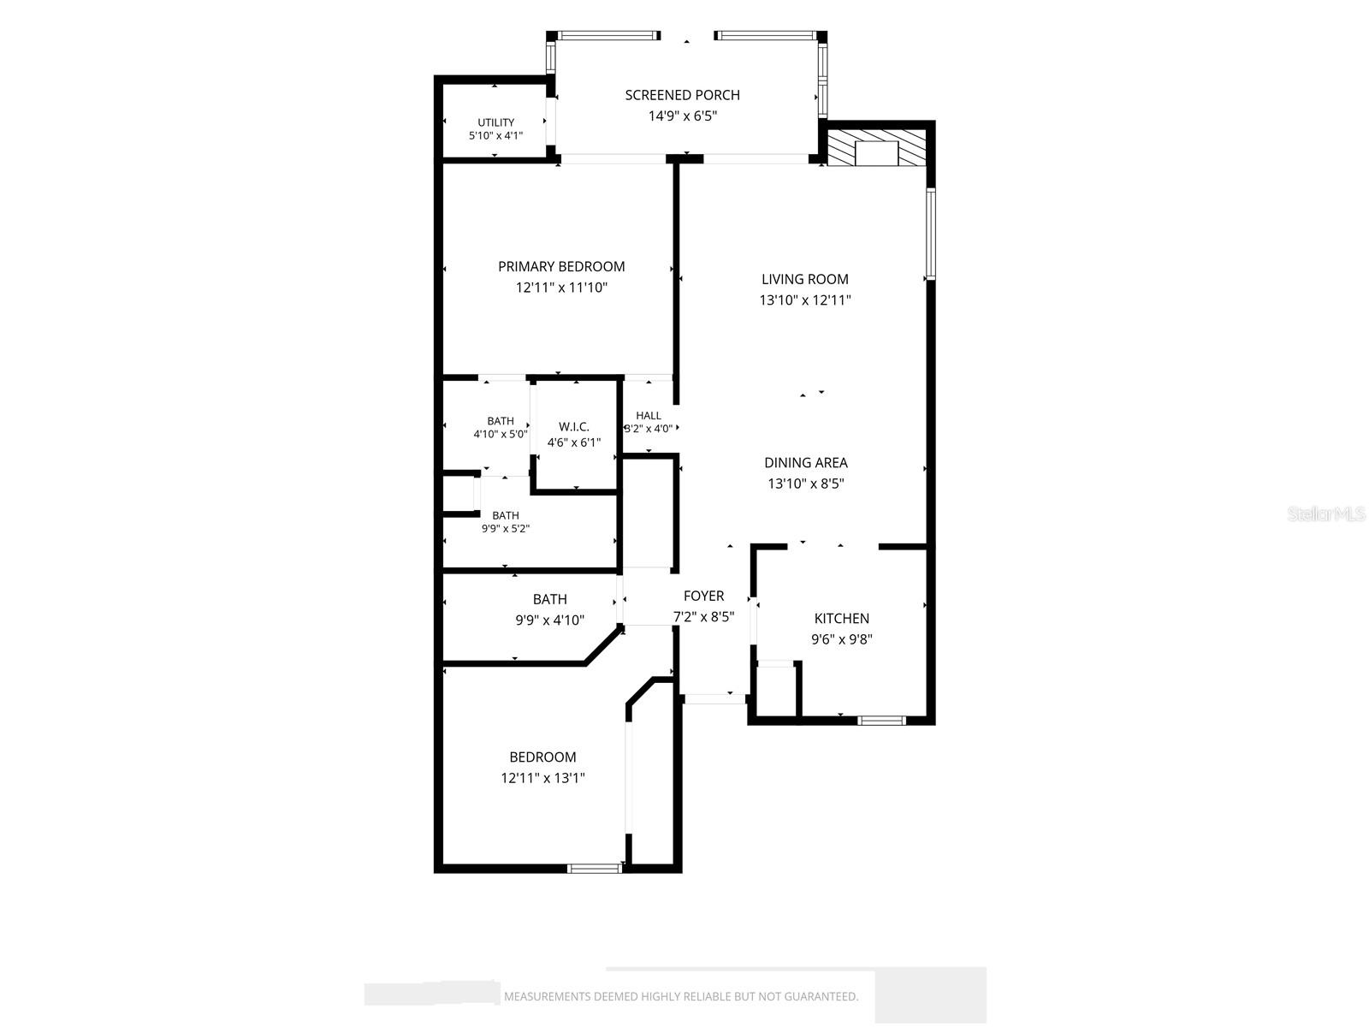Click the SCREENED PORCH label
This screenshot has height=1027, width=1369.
(682, 95)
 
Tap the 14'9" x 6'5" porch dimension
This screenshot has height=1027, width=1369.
(682, 116)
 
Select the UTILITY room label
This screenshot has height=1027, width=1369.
(495, 122)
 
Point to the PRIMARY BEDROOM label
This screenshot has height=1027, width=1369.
(561, 267)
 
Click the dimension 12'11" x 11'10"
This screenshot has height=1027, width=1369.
(561, 288)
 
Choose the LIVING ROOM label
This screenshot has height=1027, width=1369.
(804, 279)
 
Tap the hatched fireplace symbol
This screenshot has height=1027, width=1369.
(875, 148)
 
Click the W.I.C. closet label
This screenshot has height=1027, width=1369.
(574, 426)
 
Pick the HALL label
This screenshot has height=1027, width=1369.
(649, 415)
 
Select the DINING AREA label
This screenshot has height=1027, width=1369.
(806, 463)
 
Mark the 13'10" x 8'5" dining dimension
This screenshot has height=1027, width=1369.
(806, 484)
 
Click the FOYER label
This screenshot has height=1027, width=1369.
(703, 597)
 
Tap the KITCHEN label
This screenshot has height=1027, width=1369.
(841, 619)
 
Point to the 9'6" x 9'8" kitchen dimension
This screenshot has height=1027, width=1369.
(841, 639)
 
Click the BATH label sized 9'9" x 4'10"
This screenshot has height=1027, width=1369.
(549, 599)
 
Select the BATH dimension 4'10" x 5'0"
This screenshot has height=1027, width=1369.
(501, 434)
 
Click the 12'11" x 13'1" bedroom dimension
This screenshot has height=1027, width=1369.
(542, 778)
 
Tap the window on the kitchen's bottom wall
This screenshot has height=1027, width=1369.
(880, 721)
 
